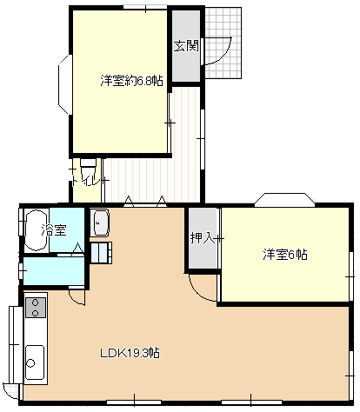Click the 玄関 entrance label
tap(186, 46)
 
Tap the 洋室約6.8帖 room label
tap(131, 81)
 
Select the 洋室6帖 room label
tap(285, 255)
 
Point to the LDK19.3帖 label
tap(130, 353)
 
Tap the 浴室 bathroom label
tap(54, 230)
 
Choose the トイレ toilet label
tap(86, 181)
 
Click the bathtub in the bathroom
tap(37, 230)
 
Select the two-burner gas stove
tap(36, 308)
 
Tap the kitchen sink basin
tap(35, 362)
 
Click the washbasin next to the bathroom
tap(99, 223)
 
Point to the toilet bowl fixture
tap(88, 163)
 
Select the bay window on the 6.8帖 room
tap(65, 84)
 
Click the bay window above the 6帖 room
tap(284, 200)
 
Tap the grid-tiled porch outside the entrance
tap(223, 43)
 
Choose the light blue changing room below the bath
tap(54, 271)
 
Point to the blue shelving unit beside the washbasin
tap(102, 253)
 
